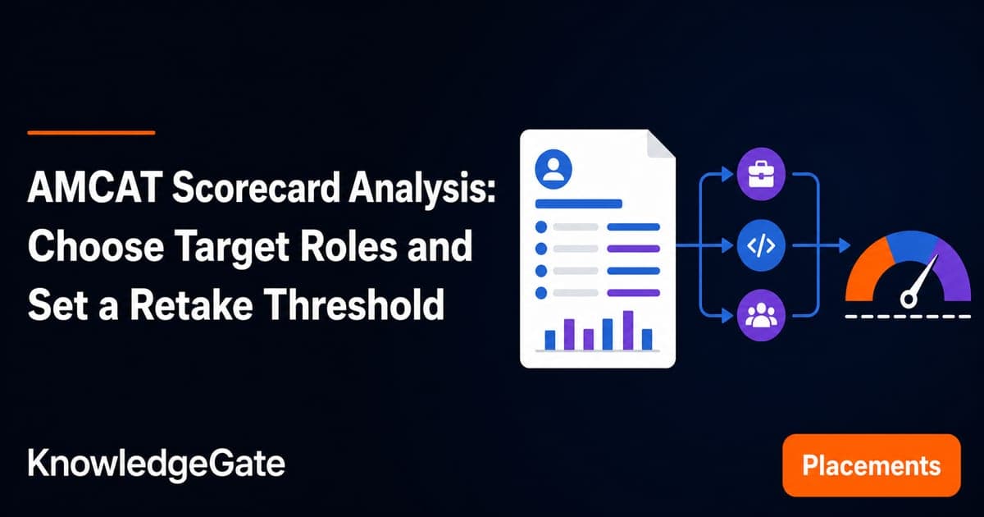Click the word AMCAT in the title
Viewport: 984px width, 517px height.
[x=93, y=188]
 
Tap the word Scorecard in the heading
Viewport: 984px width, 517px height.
[x=256, y=188]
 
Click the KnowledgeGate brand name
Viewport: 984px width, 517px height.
[x=157, y=464]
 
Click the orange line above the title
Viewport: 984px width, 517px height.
[x=91, y=132]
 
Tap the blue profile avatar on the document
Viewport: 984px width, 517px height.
[x=553, y=169]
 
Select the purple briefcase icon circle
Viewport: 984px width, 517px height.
[x=761, y=174]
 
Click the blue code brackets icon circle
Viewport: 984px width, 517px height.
[x=761, y=245]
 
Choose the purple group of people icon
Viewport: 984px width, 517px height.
[x=761, y=315]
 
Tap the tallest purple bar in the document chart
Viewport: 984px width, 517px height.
[x=628, y=330]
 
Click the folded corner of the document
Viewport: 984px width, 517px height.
[x=660, y=144]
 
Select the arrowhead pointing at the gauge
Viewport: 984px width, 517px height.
[x=845, y=245]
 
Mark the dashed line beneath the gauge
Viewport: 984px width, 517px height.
[x=908, y=316]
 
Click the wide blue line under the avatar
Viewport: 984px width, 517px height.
[x=579, y=204]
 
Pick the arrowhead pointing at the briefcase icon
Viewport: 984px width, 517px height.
[x=727, y=175]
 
